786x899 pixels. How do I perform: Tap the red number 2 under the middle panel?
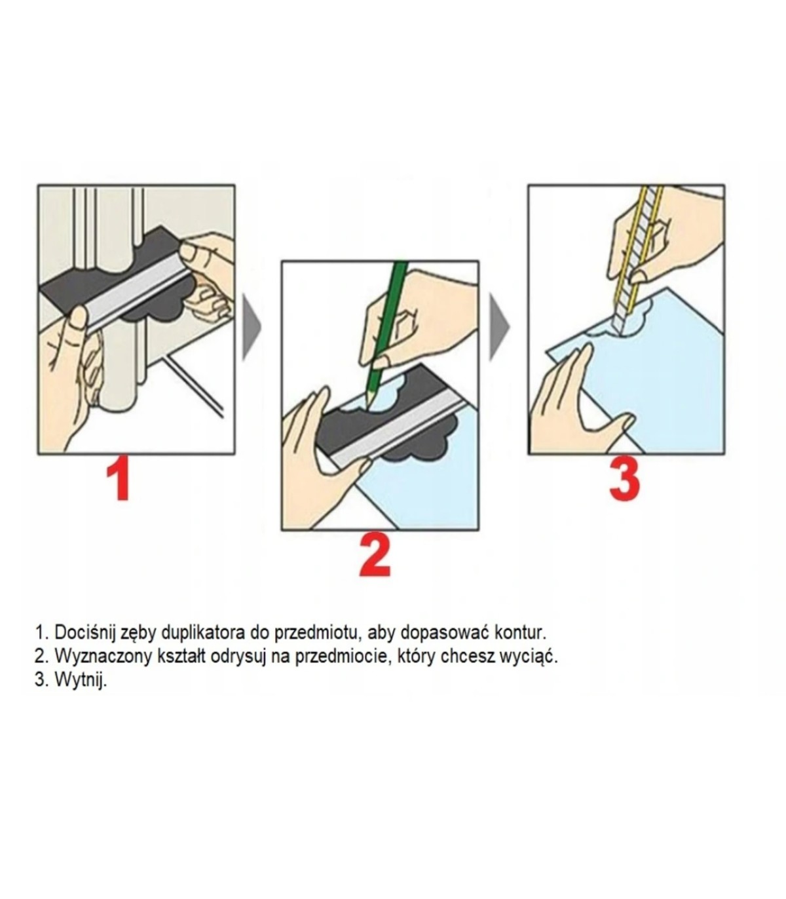375,556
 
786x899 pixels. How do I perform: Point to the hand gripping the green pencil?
422,316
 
